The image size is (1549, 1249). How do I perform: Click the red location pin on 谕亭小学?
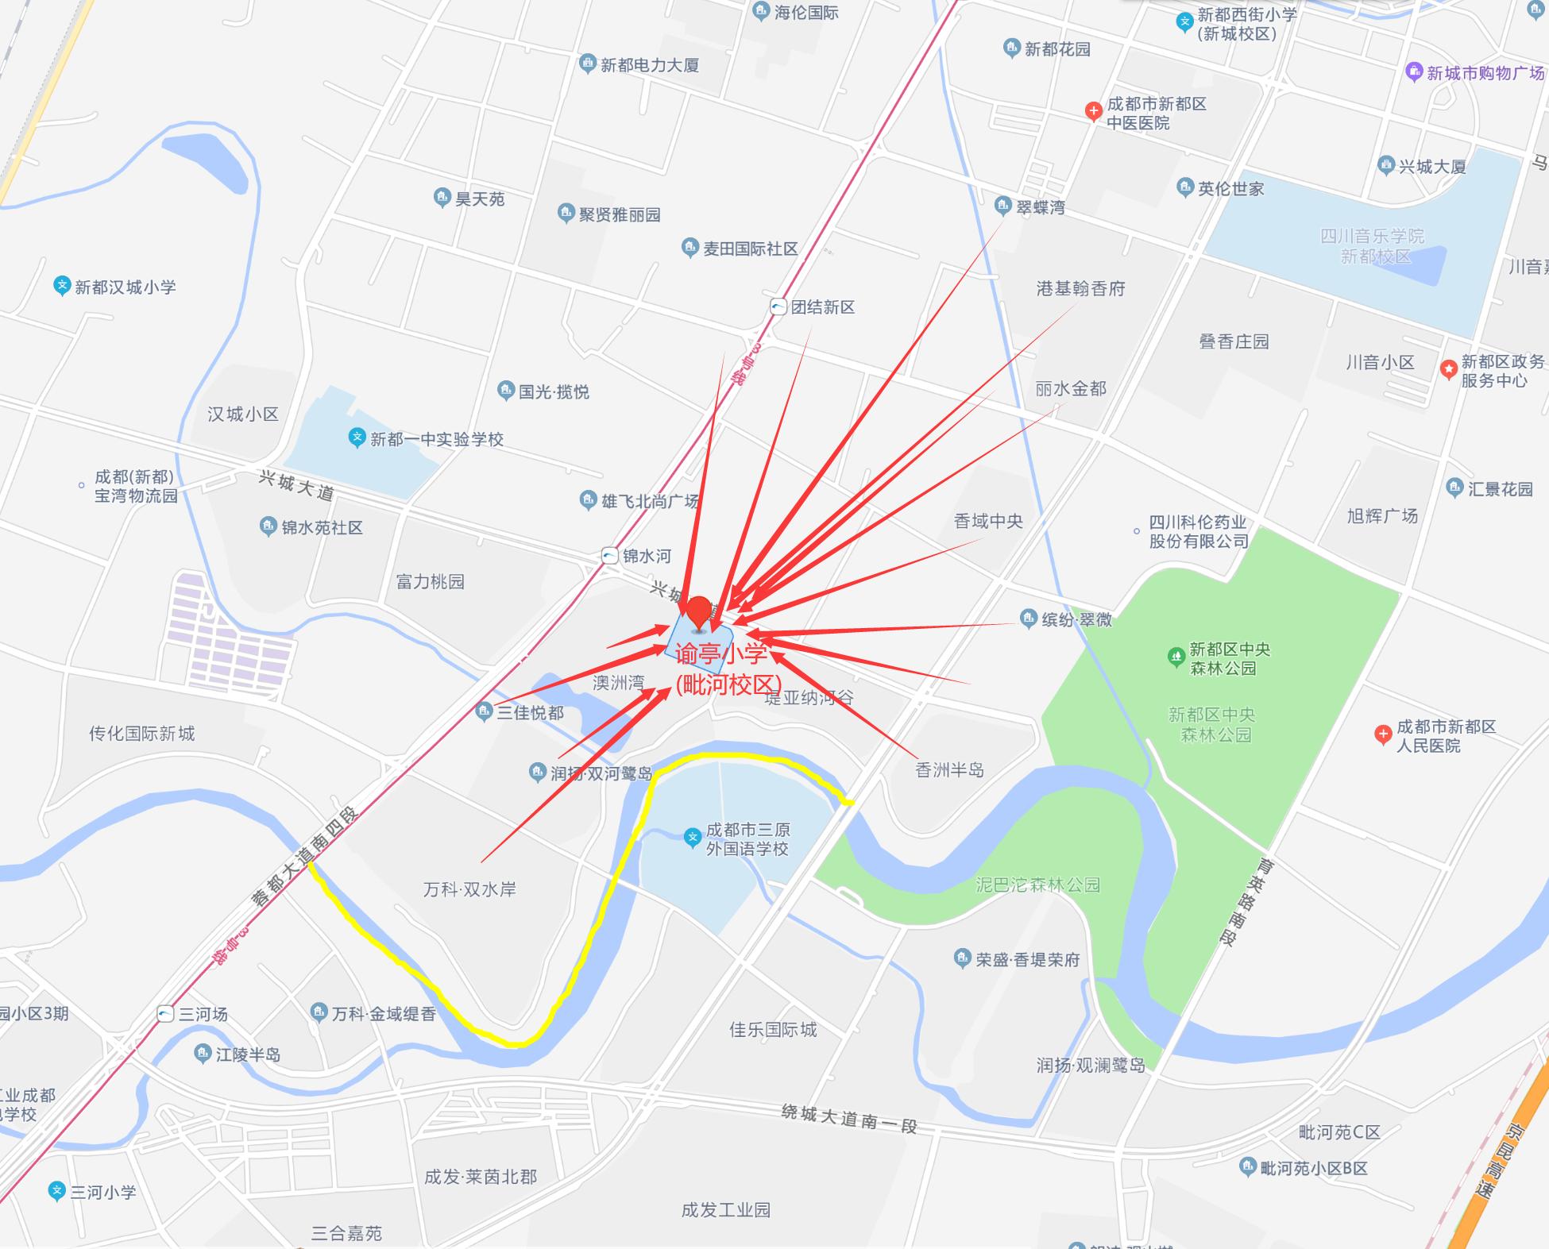[698, 612]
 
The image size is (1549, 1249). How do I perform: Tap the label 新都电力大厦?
[649, 65]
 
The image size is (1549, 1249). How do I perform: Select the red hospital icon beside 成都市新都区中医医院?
[1093, 111]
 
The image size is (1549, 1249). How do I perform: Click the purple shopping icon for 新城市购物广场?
[1414, 72]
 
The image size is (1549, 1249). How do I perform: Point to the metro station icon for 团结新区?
[778, 307]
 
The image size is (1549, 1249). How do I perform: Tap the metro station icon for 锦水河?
[609, 556]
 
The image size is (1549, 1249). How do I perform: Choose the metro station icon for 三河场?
[165, 1014]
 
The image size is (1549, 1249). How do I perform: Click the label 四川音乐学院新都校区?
[1372, 246]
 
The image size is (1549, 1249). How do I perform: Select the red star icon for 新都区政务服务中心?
[1448, 368]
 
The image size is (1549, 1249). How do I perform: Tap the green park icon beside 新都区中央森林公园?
[1176, 657]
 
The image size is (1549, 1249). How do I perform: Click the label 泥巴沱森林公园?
[1037, 885]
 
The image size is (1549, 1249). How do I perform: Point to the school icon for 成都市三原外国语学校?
[693, 836]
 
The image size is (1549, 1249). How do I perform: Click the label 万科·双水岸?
[469, 889]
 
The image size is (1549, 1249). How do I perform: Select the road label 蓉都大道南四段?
[305, 857]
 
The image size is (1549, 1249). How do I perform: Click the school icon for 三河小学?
[56, 1191]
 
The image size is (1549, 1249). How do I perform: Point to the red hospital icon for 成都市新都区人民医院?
[1383, 734]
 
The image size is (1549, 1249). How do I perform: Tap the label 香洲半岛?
[949, 769]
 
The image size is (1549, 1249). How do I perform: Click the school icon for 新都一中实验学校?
[357, 438]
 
